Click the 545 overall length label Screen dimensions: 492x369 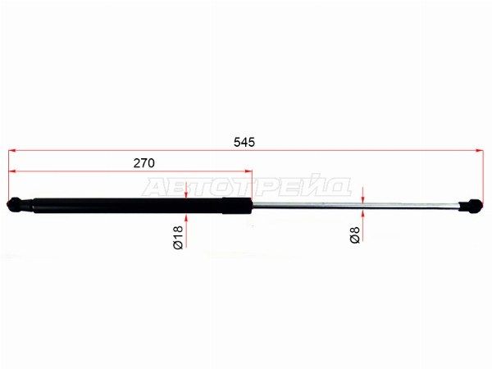point(244,142)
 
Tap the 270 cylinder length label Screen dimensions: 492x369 point(144,163)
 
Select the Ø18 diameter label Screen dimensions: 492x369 point(178,237)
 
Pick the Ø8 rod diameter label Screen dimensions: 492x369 point(354,235)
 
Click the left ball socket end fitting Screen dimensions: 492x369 point(19,204)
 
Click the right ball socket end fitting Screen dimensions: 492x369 point(471,207)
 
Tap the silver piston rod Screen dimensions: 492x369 point(355,205)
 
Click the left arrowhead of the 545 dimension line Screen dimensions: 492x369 point(12,151)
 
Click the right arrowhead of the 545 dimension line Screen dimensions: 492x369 point(480,151)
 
